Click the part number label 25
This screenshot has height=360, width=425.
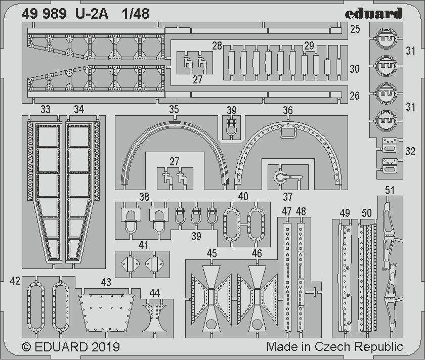[x=355, y=29]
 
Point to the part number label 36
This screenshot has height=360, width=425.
[x=287, y=110]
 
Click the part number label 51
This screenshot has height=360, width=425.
[x=390, y=190]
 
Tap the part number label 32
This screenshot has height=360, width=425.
[x=410, y=151]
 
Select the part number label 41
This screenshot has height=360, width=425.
[x=144, y=246]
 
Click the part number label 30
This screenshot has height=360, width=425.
[x=355, y=69]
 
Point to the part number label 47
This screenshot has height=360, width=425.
[x=287, y=211]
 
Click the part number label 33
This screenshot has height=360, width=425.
[x=46, y=110]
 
